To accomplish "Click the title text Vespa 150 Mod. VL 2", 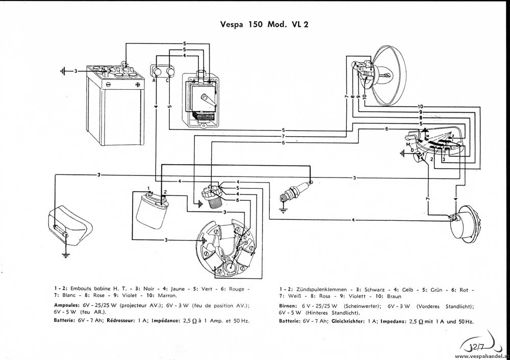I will click(264, 24).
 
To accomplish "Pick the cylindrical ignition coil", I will click(151, 211).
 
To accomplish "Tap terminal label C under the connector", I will click(168, 80).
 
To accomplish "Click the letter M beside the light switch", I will click(407, 144).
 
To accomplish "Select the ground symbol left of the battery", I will click(63, 71).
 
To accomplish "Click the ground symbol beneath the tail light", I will click(65, 254).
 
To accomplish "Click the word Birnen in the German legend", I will click(289, 305).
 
